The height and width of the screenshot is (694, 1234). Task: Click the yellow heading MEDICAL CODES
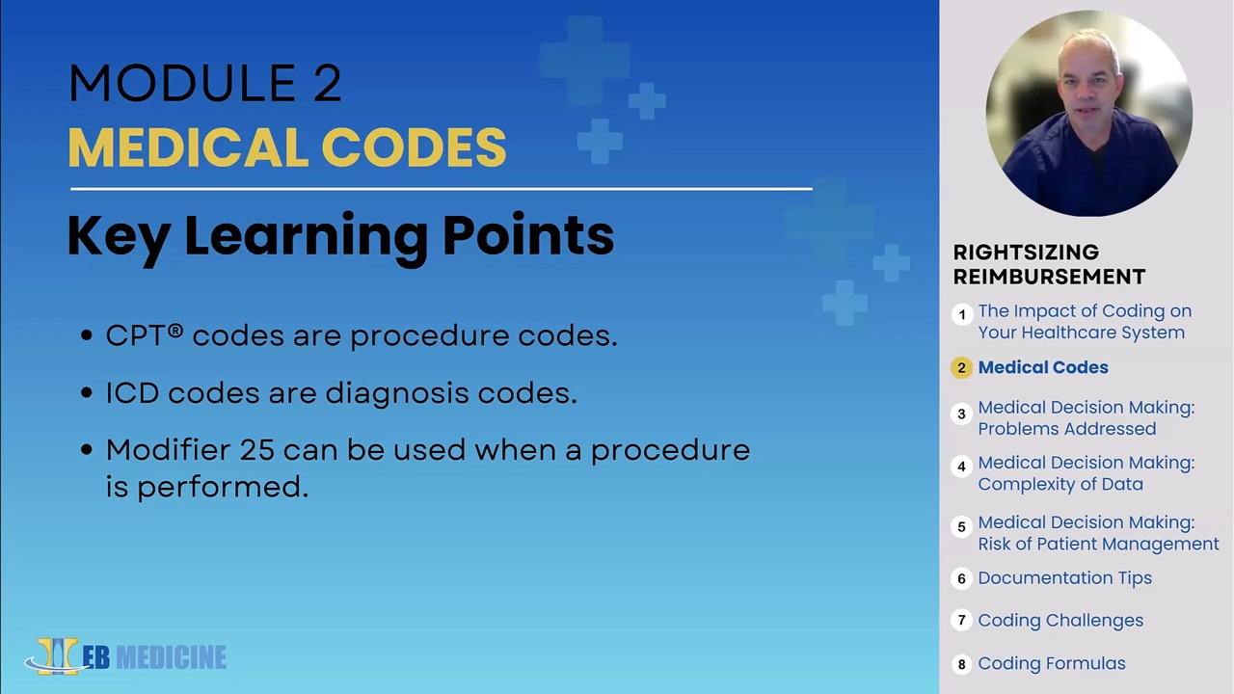point(286,148)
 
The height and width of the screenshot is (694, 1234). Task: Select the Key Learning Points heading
point(340,235)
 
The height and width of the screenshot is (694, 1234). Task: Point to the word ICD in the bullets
point(132,393)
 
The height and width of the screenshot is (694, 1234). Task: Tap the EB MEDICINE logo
point(126,656)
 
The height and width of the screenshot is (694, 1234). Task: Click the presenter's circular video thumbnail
point(1088,113)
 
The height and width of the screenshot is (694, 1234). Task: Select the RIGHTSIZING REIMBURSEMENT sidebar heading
point(1049,264)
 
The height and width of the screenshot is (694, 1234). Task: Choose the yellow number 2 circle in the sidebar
point(961,368)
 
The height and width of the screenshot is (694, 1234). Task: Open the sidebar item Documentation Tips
point(1064,578)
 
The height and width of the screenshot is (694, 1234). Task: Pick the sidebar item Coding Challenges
point(1060,621)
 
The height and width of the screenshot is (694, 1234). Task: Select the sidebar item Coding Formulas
point(1052,663)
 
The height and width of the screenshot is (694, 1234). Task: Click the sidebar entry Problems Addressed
point(1066,429)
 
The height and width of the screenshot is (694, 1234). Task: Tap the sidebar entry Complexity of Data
point(1060,484)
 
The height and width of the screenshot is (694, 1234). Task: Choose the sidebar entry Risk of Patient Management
point(1098,544)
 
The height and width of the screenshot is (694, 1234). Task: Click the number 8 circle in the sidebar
point(961,664)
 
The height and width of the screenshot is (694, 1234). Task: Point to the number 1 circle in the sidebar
point(961,315)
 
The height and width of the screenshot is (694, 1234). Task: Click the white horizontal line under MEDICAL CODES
point(441,190)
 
